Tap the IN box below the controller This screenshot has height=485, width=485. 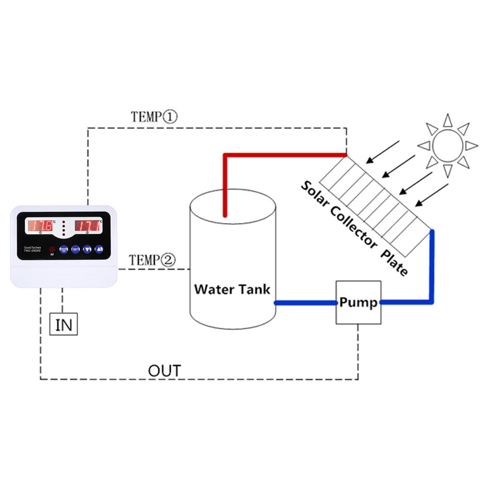(64, 324)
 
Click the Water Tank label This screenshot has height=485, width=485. (232, 290)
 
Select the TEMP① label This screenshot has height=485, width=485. (155, 117)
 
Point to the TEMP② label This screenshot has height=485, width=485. (152, 260)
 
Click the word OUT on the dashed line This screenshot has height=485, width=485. (164, 372)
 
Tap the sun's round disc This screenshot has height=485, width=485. (448, 145)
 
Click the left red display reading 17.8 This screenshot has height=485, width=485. (42, 226)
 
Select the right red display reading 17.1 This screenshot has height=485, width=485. (87, 226)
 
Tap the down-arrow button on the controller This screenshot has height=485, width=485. (87, 249)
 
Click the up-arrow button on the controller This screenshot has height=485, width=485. (99, 249)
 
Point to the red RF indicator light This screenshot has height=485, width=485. (52, 249)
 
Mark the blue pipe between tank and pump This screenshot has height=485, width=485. (306, 303)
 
